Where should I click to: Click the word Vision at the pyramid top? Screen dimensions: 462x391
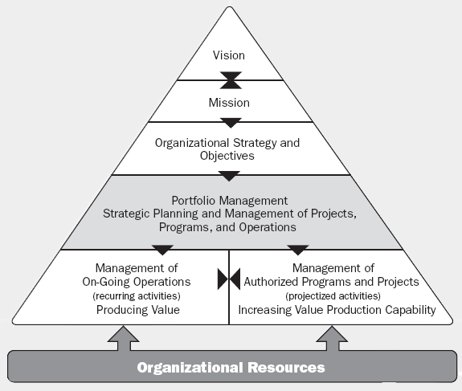(229, 55)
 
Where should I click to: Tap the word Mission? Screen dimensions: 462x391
(229, 103)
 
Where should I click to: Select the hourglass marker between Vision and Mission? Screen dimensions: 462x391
(231, 80)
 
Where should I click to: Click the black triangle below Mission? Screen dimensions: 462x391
(231, 123)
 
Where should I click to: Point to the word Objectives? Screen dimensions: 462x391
(227, 156)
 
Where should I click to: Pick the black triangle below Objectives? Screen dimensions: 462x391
(229, 176)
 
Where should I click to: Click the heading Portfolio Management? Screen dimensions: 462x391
(230, 201)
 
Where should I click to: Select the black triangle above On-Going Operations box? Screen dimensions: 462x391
(162, 250)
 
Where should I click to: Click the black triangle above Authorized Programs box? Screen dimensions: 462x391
(298, 250)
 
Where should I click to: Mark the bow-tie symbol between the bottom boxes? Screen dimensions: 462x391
(229, 279)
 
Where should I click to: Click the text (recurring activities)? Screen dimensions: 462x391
(137, 295)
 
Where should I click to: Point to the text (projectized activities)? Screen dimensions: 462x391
(333, 295)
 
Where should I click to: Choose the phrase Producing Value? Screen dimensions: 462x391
(138, 310)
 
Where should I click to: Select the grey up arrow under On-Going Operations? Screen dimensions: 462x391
(124, 339)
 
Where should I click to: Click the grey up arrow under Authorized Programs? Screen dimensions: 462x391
(332, 339)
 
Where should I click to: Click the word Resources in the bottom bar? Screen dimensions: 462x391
(286, 368)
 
